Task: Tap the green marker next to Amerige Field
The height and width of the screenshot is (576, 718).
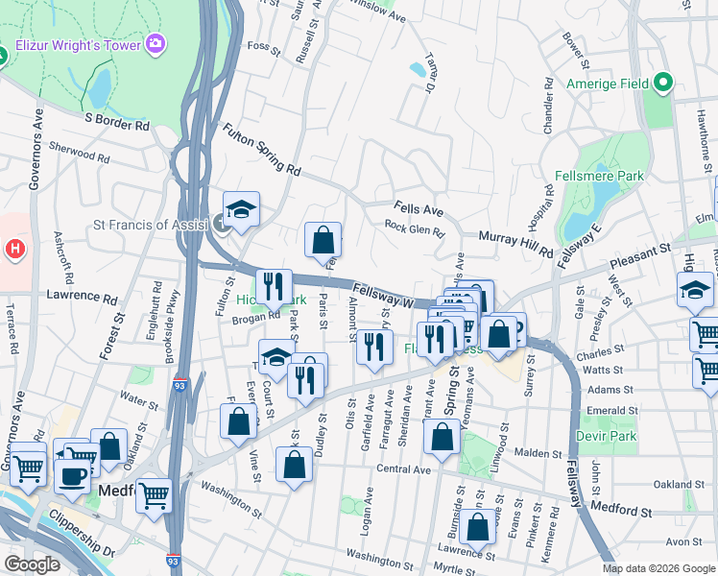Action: pyautogui.click(x=662, y=84)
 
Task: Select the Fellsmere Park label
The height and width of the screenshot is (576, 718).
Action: pyautogui.click(x=599, y=177)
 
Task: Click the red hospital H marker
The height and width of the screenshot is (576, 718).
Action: pyautogui.click(x=14, y=251)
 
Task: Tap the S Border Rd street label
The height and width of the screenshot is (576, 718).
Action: pyautogui.click(x=117, y=124)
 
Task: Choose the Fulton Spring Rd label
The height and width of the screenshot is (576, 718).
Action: pyautogui.click(x=261, y=149)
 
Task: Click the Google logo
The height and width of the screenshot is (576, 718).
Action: pyautogui.click(x=32, y=564)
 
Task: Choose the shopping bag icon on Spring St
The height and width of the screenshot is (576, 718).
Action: pyautogui.click(x=442, y=438)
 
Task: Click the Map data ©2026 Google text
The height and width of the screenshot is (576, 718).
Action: pyautogui.click(x=658, y=568)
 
